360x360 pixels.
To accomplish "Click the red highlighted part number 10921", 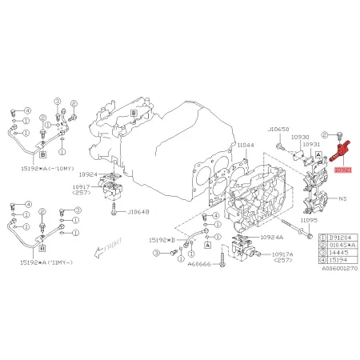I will point(342,170).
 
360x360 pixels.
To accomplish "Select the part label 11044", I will point(245,144).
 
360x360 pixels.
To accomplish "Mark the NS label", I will point(342,197).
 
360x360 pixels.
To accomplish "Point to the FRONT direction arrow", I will point(104,247).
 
